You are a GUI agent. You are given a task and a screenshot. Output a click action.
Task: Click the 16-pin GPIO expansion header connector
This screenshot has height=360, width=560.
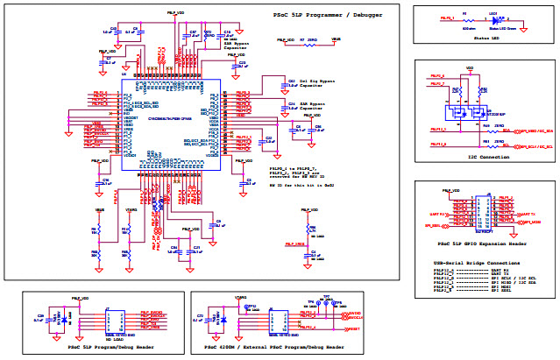[479, 214]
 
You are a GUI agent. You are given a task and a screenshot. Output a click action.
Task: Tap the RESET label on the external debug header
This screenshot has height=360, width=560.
[354, 328]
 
